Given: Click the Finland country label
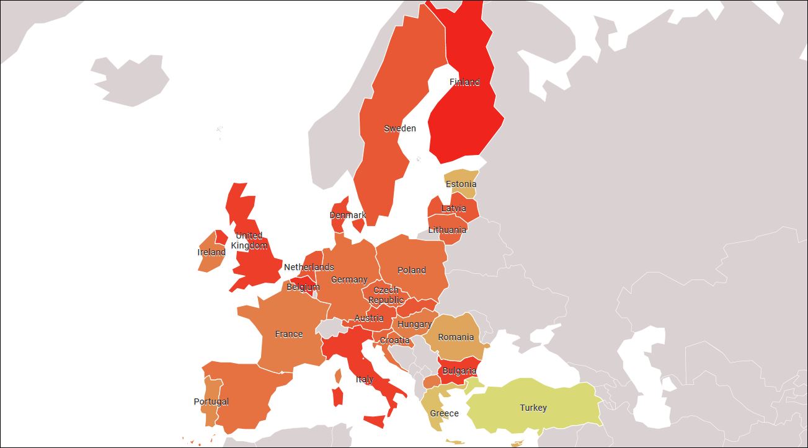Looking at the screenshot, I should pos(464,82).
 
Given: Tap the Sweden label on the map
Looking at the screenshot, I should pos(400,128).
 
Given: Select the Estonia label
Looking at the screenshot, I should pos(461,184).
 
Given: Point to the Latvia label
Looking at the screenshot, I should pos(453,208).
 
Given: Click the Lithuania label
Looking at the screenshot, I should pos(447,230).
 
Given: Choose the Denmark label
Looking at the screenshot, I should pos(347,215).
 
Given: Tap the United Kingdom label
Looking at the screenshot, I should pos(249,240).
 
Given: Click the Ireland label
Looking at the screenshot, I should pos(211,252).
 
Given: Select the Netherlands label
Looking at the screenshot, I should pos(309,267).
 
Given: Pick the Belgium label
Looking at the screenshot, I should pos(303,287).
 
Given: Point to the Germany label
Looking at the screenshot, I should pos(349,279).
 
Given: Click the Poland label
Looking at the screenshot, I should pos(412,270).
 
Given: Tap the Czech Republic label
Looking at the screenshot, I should pos(386,295).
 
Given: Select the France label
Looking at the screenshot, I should pos(289,334).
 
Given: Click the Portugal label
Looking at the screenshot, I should pos(211,402).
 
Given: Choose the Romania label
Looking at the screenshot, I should pos(456,337).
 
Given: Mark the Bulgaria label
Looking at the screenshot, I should pos(459,371).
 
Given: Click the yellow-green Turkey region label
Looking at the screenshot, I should pos(533,408).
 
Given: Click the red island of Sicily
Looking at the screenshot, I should pos(375,421).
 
